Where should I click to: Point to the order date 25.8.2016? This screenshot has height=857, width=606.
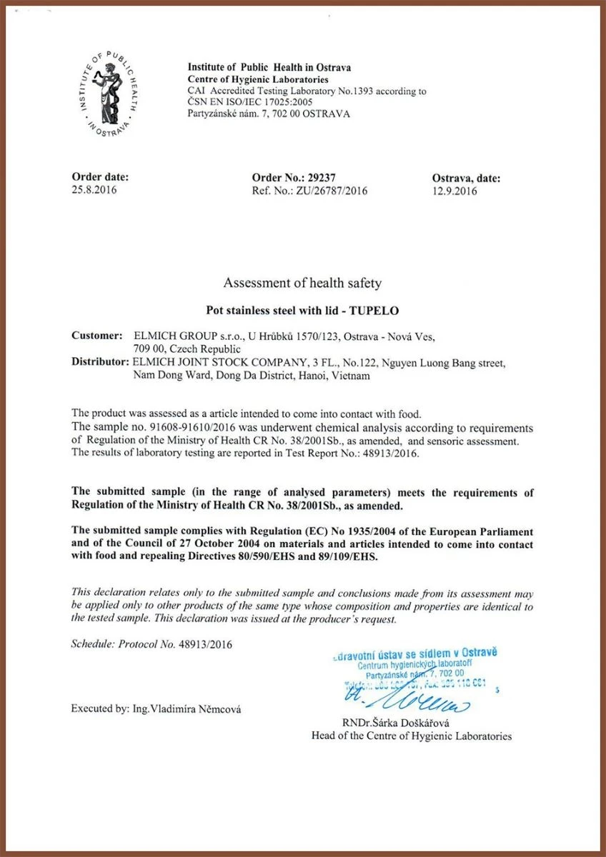94,191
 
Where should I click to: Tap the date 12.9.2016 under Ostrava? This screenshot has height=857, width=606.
454,191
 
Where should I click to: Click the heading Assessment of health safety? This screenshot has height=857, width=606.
302,283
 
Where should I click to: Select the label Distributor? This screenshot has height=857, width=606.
101,362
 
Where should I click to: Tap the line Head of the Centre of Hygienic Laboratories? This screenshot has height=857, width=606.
411,736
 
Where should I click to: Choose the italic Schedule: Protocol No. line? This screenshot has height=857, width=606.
151,643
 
